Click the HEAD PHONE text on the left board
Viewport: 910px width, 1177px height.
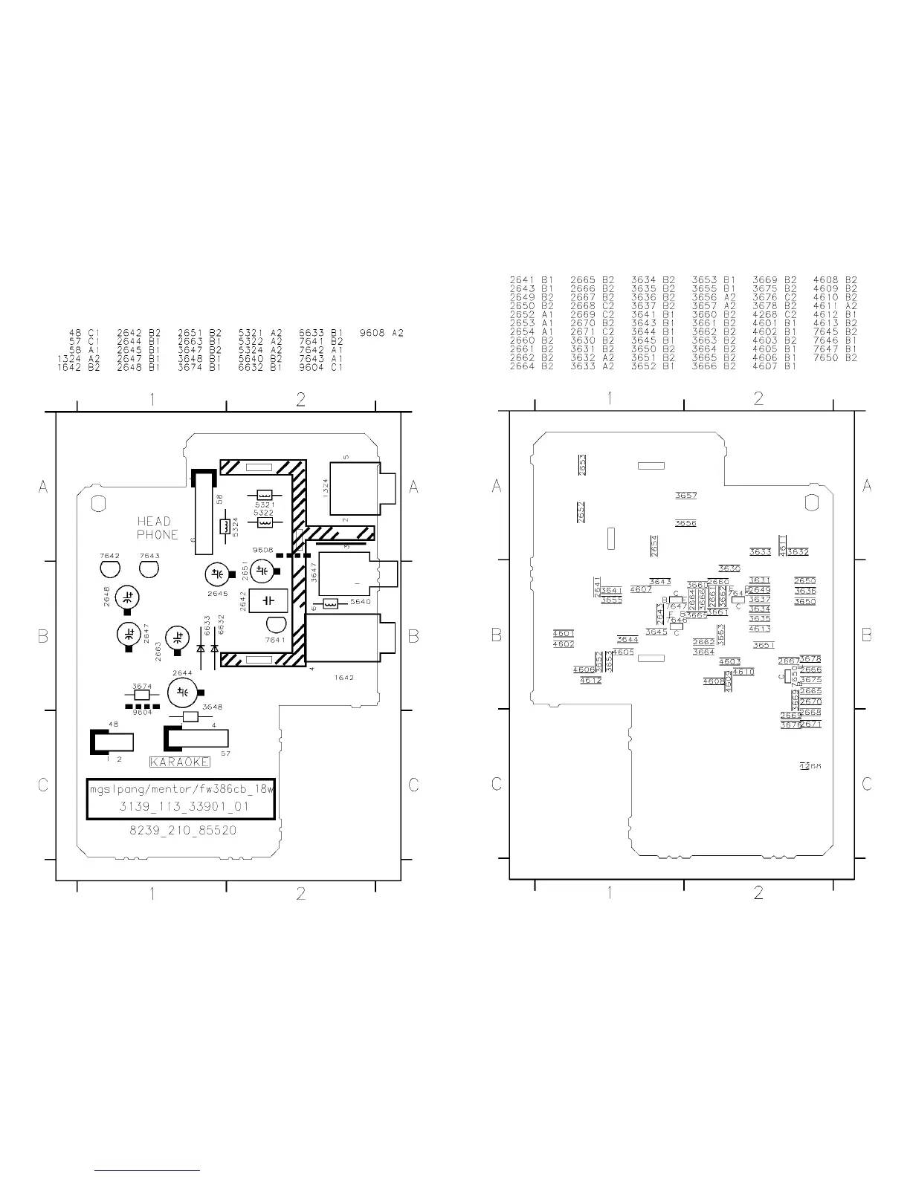[x=158, y=528]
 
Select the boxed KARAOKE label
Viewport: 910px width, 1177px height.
[x=180, y=762]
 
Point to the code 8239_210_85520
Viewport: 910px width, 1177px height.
[x=183, y=830]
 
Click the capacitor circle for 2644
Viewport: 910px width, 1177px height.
[x=181, y=693]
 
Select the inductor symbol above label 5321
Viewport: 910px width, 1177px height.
[x=265, y=495]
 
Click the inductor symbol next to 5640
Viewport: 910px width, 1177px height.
[x=331, y=603]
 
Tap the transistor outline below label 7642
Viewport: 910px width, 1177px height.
[x=109, y=569]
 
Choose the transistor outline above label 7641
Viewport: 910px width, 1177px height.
[x=275, y=625]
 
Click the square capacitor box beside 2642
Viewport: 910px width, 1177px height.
[x=268, y=600]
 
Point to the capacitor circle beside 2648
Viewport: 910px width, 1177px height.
[x=128, y=597]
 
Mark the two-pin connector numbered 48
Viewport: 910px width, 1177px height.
[x=113, y=742]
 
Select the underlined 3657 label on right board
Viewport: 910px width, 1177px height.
[x=685, y=496]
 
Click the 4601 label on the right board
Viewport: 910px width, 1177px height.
[x=564, y=634]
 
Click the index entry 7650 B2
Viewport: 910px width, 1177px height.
[x=835, y=357]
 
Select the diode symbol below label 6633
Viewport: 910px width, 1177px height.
[x=201, y=648]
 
